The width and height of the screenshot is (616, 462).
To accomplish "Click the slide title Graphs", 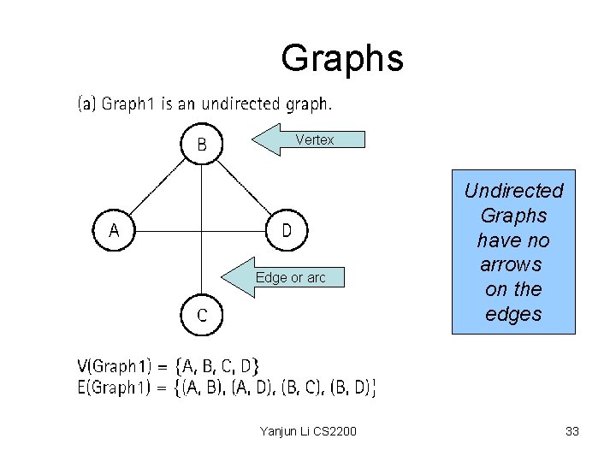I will click(341, 58).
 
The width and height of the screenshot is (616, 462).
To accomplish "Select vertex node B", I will click(201, 144).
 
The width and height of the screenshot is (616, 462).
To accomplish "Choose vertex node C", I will click(201, 315).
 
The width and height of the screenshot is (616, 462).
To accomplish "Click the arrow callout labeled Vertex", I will click(308, 139).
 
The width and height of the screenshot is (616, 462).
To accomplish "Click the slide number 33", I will click(572, 431).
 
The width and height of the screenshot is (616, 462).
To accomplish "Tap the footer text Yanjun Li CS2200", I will click(308, 431).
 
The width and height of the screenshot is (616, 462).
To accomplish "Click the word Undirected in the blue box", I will click(513, 191).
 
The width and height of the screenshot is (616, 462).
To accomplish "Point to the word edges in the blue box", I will click(513, 314).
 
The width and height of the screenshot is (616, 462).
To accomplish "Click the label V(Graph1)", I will click(120, 367).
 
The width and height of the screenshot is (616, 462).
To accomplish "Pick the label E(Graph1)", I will click(120, 388).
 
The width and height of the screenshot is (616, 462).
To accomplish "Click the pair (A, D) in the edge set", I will click(252, 388).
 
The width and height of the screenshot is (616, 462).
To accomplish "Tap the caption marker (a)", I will click(87, 104).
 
